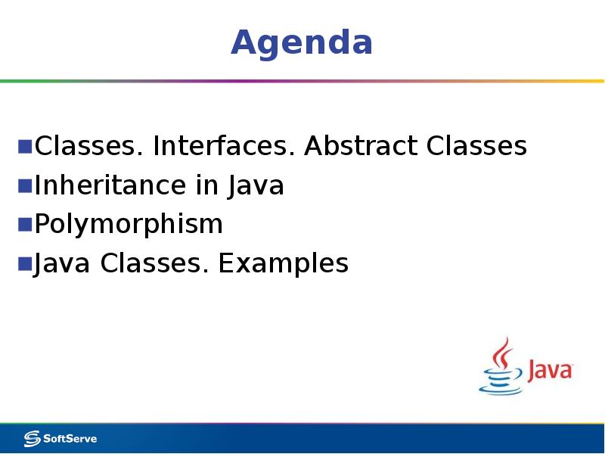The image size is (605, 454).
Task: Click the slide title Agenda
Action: point(302,42)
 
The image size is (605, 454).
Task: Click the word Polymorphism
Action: point(129,225)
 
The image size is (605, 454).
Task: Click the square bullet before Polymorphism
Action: point(25,224)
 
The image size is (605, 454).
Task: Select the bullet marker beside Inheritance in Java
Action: point(25,185)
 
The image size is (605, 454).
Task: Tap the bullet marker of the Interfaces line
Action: point(25,145)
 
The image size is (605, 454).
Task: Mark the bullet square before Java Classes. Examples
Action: point(25,263)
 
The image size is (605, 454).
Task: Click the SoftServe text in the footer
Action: point(70,439)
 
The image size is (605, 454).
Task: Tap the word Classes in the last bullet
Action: point(155,263)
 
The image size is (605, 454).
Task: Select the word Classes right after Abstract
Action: point(476,146)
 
